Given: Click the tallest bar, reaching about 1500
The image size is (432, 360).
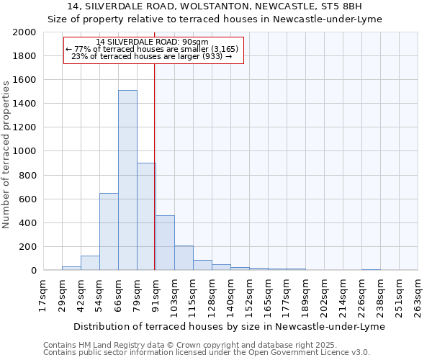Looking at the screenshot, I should click(127, 180).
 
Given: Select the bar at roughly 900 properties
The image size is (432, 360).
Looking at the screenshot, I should click(146, 216).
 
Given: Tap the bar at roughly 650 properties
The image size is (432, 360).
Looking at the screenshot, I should click(109, 231).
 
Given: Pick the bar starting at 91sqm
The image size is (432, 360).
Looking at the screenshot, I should click(165, 243).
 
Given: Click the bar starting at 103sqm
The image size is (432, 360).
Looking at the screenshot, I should click(184, 258).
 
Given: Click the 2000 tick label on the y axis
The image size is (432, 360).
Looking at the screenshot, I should click(25, 32).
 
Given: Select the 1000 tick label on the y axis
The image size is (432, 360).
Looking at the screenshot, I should click(25, 151).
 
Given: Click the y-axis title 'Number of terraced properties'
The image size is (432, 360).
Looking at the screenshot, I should click(6, 155).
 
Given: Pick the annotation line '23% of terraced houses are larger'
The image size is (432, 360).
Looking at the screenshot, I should click(152, 57).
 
